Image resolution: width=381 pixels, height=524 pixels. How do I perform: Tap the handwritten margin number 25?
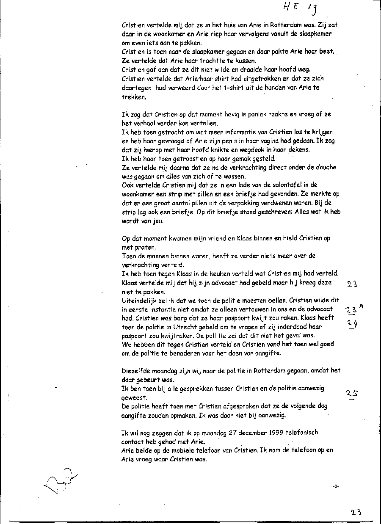pos(351,394)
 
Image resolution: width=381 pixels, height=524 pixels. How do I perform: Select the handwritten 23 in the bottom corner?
pos(356,512)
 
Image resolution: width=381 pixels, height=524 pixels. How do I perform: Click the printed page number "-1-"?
pos(336,487)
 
